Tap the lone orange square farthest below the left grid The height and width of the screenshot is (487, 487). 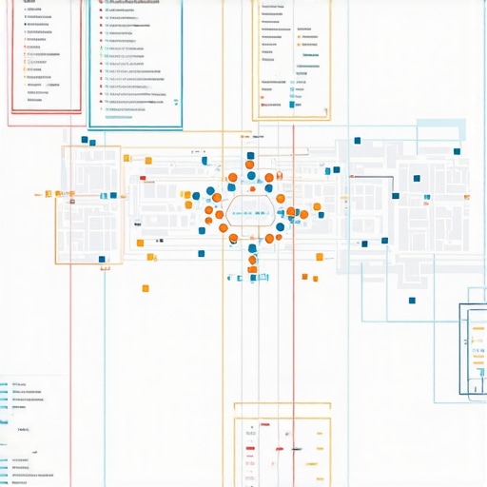coord(146,288)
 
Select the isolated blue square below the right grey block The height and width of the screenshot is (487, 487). coord(412,302)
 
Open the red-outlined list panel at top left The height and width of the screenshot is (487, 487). coord(46,57)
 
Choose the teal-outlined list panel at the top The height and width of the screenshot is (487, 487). coord(135,63)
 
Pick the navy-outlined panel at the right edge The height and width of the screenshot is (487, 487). coord(474,348)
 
